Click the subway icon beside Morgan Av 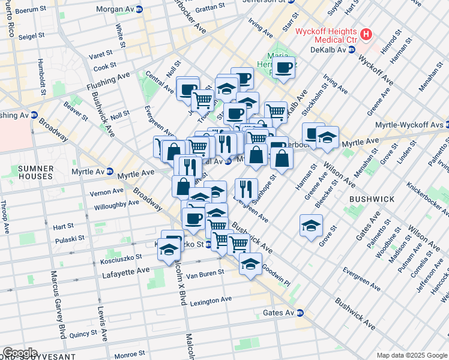[x=139, y=9]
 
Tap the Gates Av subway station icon [x=300, y=313]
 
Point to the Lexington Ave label [x=210, y=300]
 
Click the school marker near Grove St [x=310, y=226]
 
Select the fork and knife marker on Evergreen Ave [x=246, y=188]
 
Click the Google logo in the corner [x=20, y=353]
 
